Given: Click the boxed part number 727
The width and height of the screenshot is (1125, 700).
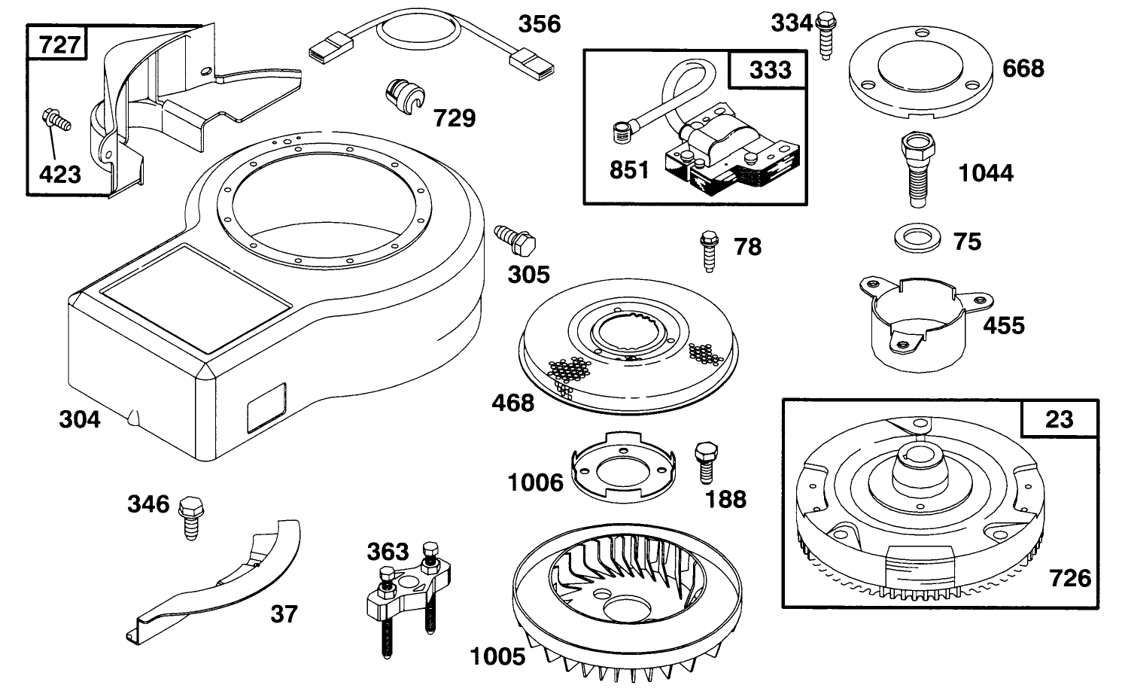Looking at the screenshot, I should (x=58, y=44).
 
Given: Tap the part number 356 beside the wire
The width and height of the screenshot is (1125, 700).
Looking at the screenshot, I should (x=540, y=24).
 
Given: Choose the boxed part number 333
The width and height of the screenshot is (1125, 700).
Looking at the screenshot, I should (x=770, y=70).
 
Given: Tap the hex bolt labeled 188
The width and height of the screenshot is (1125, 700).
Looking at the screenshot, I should (x=704, y=461).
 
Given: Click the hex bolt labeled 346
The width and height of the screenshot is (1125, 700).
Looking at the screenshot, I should (x=190, y=516).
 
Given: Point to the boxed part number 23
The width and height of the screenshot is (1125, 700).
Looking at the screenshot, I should (x=1059, y=418).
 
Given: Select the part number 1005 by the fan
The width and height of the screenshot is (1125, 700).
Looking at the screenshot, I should (x=497, y=656).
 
